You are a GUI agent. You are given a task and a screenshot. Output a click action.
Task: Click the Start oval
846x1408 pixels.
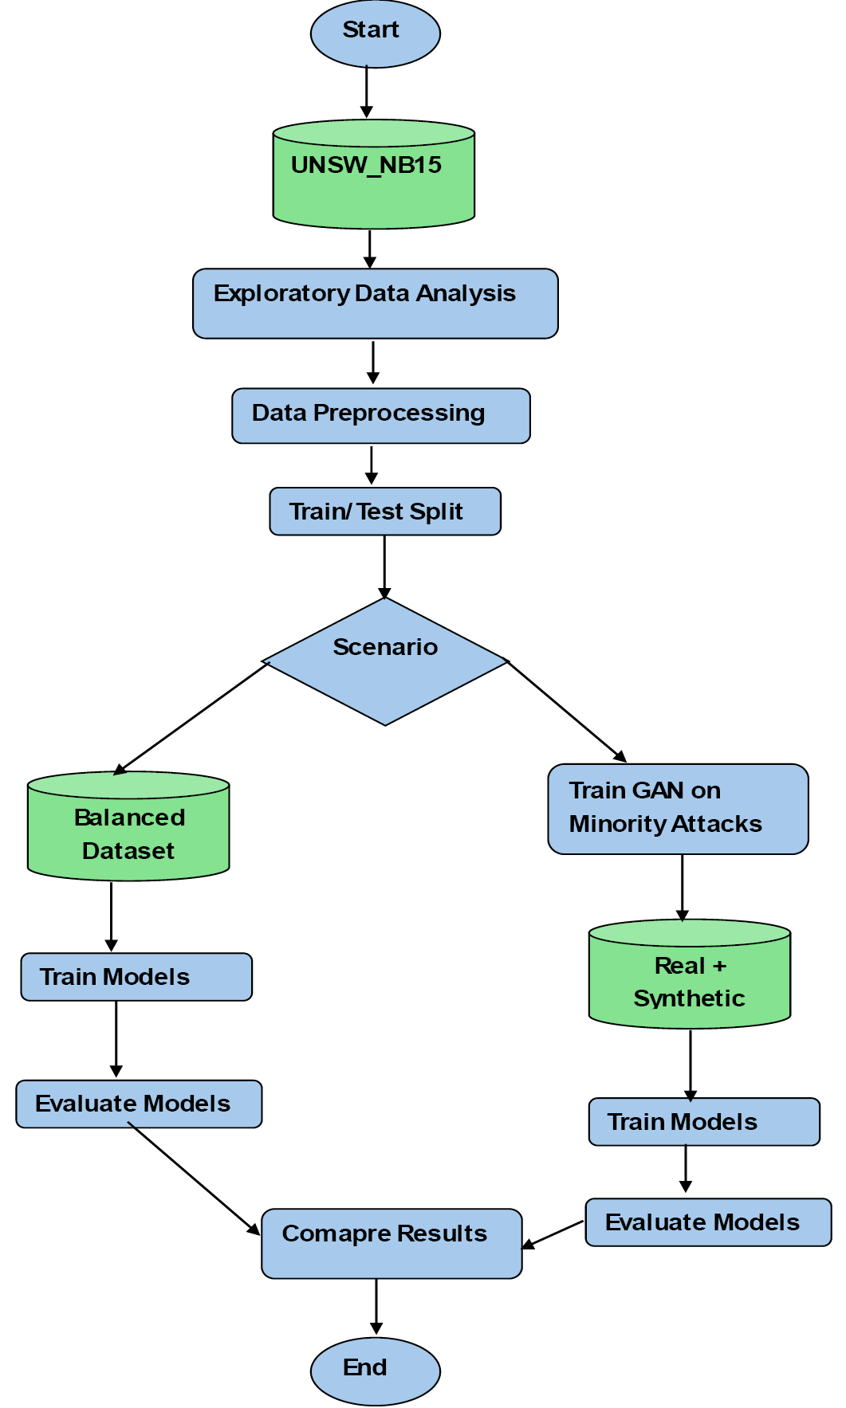click(x=375, y=33)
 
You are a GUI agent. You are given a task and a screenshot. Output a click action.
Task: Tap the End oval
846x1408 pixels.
click(x=375, y=1371)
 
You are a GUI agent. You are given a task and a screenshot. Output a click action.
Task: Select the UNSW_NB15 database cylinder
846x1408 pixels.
click(x=374, y=175)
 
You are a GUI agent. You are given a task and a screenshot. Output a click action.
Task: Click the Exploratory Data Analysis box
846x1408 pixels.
click(x=376, y=304)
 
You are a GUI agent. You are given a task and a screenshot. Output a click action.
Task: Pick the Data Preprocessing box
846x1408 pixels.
click(x=381, y=416)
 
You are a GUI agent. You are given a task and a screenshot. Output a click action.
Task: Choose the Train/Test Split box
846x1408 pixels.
click(x=385, y=512)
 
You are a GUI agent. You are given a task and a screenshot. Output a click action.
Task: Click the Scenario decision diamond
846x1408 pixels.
click(x=385, y=661)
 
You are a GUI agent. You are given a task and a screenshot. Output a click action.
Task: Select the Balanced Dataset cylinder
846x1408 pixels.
click(x=128, y=826)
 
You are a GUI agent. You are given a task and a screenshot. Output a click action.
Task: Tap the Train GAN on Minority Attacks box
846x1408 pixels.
click(x=678, y=809)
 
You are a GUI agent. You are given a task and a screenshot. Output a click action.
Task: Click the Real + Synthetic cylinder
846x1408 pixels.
click(x=690, y=974)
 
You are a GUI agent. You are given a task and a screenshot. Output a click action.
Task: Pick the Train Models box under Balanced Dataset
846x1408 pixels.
click(x=136, y=977)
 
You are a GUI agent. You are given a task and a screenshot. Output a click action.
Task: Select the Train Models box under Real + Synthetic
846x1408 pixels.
click(x=704, y=1122)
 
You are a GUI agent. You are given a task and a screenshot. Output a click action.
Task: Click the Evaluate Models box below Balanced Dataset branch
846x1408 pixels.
click(x=139, y=1104)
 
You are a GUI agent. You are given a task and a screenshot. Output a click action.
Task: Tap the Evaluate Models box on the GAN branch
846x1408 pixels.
click(x=708, y=1222)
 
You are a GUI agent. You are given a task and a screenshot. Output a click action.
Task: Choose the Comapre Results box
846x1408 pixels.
click(x=392, y=1244)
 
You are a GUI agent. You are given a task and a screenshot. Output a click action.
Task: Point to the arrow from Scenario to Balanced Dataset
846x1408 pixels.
click(x=191, y=719)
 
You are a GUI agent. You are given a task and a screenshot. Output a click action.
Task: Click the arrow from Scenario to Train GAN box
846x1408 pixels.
click(x=567, y=712)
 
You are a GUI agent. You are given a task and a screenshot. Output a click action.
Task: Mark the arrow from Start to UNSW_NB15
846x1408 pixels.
click(x=367, y=92)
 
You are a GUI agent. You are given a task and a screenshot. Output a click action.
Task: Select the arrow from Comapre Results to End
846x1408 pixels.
click(x=376, y=1308)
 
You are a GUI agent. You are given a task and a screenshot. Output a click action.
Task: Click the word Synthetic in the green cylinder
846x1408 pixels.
click(x=689, y=998)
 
